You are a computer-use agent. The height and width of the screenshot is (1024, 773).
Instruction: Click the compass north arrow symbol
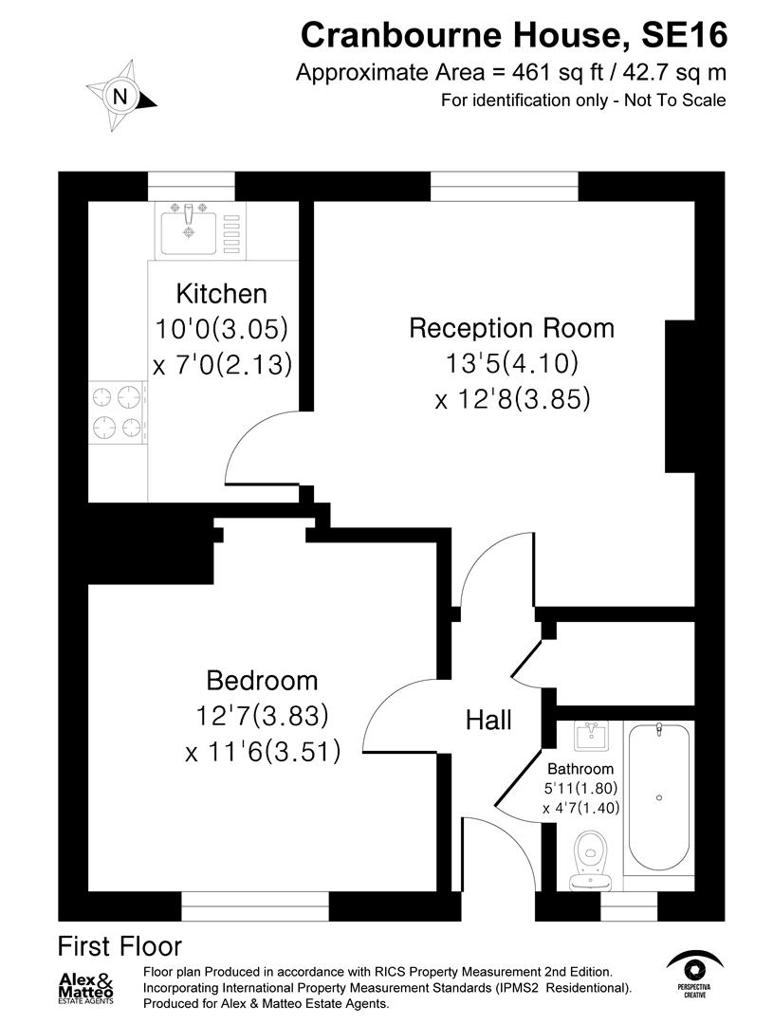pos(120,96)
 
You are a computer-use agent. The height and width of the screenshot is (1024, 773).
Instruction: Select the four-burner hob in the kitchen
pos(118,411)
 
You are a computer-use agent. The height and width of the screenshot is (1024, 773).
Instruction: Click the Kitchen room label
pos(222,294)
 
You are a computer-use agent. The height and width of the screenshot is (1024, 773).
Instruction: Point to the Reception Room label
pos(511,328)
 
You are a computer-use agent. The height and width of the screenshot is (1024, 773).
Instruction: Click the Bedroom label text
pos(262,681)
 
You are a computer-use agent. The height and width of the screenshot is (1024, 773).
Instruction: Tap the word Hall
pos(488,720)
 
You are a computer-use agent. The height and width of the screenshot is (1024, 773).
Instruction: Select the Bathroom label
pos(580,768)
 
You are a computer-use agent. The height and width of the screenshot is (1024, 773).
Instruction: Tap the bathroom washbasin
pos(595,735)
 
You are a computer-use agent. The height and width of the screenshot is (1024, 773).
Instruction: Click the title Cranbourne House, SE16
pos(514,36)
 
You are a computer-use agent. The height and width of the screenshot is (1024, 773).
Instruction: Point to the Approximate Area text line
pos(511,73)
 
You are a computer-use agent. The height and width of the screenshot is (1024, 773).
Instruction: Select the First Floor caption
pos(120,945)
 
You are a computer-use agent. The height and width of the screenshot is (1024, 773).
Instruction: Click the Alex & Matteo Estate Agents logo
pos(86,988)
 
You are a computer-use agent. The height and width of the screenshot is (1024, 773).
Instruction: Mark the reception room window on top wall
pos(504,186)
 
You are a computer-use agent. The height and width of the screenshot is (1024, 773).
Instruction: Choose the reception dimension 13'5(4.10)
pos(512,363)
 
